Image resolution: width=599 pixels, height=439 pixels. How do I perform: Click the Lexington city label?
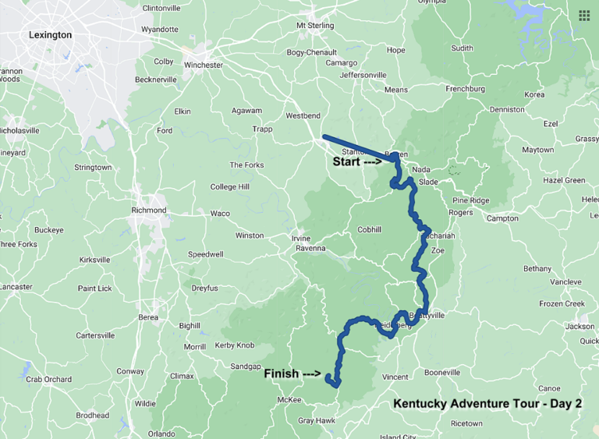pyautogui.click(x=50, y=35)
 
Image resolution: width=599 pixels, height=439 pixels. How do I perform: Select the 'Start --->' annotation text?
pyautogui.click(x=356, y=163)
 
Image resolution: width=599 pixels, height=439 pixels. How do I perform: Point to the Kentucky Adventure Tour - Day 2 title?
pyautogui.click(x=487, y=404)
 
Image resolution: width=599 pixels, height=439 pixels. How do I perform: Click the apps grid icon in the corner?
pyautogui.click(x=584, y=15)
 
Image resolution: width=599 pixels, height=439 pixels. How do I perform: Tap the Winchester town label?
pyautogui.click(x=201, y=65)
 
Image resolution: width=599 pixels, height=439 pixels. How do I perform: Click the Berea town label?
pyautogui.click(x=148, y=317)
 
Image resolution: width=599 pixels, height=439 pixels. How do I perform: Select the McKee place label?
pyautogui.click(x=289, y=401)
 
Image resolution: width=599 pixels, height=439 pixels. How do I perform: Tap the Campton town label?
pyautogui.click(x=502, y=218)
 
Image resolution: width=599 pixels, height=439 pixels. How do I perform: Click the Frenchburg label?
pyautogui.click(x=465, y=89)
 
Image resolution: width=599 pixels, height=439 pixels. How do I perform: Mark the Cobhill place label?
pyautogui.click(x=370, y=230)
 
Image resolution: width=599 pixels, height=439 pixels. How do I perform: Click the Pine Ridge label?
pyautogui.click(x=470, y=200)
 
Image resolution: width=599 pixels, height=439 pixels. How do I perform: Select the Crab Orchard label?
pyautogui.click(x=48, y=380)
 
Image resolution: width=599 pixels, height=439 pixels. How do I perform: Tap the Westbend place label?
pyautogui.click(x=303, y=115)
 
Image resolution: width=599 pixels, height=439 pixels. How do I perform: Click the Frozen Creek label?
pyautogui.click(x=562, y=303)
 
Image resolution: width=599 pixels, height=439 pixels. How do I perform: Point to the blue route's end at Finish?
pyautogui.click(x=331, y=382)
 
